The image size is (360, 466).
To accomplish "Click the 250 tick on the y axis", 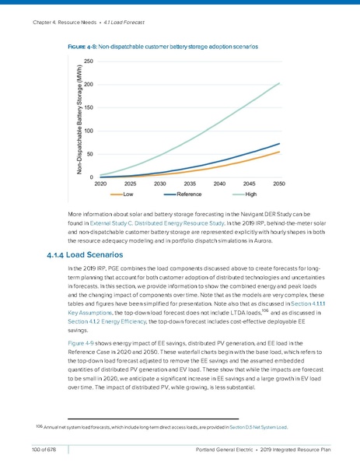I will (x=89, y=61).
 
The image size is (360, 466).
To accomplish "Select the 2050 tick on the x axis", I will (x=278, y=184).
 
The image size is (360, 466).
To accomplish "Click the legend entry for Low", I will (x=129, y=194).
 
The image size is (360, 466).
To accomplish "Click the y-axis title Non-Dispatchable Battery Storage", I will (x=79, y=118).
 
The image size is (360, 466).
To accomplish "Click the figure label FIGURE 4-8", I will (x=84, y=47).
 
